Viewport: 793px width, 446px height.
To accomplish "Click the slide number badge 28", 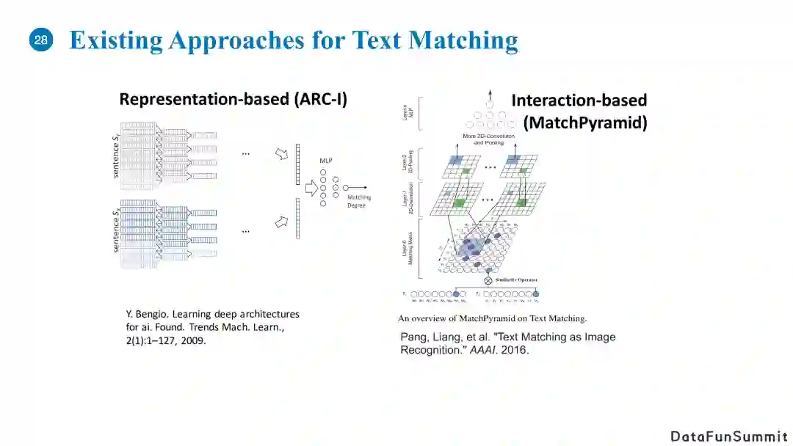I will [x=41, y=41].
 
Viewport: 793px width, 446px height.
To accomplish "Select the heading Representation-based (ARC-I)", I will [x=233, y=99].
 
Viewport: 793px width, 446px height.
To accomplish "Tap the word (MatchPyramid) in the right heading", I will [x=585, y=122].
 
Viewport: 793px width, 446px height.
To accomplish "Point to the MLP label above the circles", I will [x=326, y=160].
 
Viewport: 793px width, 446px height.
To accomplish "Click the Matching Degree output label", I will [x=359, y=201].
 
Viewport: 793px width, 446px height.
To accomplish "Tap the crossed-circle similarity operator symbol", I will [x=488, y=280].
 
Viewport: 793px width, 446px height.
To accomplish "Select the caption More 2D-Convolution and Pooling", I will [x=489, y=139].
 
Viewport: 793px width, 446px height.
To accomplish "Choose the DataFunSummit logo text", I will [x=728, y=436].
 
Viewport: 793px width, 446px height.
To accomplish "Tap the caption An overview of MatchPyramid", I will [x=492, y=318].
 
